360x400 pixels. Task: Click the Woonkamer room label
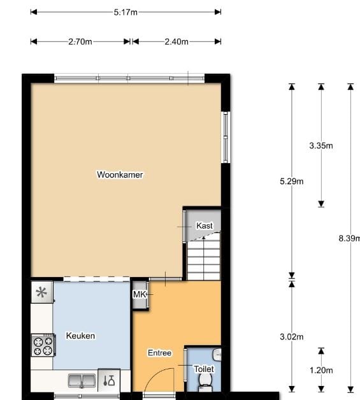pyautogui.click(x=120, y=175)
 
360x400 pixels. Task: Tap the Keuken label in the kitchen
pyautogui.click(x=80, y=336)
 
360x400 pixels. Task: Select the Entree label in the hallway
pyautogui.click(x=159, y=353)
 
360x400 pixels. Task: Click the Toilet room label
pyautogui.click(x=204, y=369)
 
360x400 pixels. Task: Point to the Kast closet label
pyautogui.click(x=205, y=225)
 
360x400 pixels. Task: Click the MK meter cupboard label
pyautogui.click(x=140, y=294)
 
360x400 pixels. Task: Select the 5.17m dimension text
pyautogui.click(x=126, y=12)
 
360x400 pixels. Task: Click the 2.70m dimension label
pyautogui.click(x=80, y=42)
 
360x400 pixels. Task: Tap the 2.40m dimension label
pyautogui.click(x=176, y=42)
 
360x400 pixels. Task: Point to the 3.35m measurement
pyautogui.click(x=321, y=145)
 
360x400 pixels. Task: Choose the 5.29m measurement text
pyautogui.click(x=292, y=181)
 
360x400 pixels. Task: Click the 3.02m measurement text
pyautogui.click(x=292, y=337)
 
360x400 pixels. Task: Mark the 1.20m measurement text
pyautogui.click(x=321, y=369)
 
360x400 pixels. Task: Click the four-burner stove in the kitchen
pyautogui.click(x=43, y=346)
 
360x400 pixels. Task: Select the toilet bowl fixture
pyautogui.click(x=205, y=380)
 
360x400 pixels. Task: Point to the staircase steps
pyautogui.click(x=203, y=259)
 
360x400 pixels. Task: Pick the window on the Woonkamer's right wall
pyautogui.click(x=225, y=137)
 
